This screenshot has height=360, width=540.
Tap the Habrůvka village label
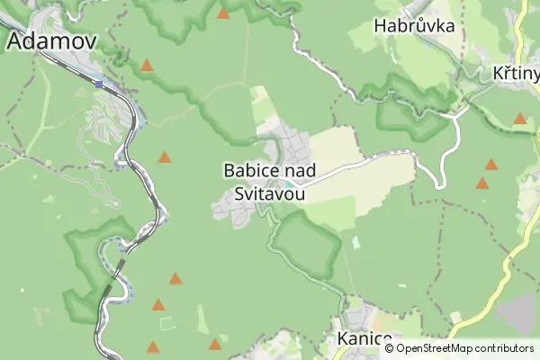coord(414,26)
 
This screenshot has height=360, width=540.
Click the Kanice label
coord(365,339)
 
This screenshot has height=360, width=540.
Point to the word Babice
coord(248,169)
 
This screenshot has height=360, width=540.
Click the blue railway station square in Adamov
coord(99,84)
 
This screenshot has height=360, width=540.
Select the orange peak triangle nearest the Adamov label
coord(147,66)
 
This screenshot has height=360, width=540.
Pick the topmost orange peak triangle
coord(223,13)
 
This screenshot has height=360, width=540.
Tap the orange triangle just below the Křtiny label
coord(520,119)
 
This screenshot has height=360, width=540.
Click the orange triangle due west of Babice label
coord(165,157)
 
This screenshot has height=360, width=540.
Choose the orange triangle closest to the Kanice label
coord(215,344)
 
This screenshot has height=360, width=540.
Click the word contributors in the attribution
coord(504,347)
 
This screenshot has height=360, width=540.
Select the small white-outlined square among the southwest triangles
coord(162,323)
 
